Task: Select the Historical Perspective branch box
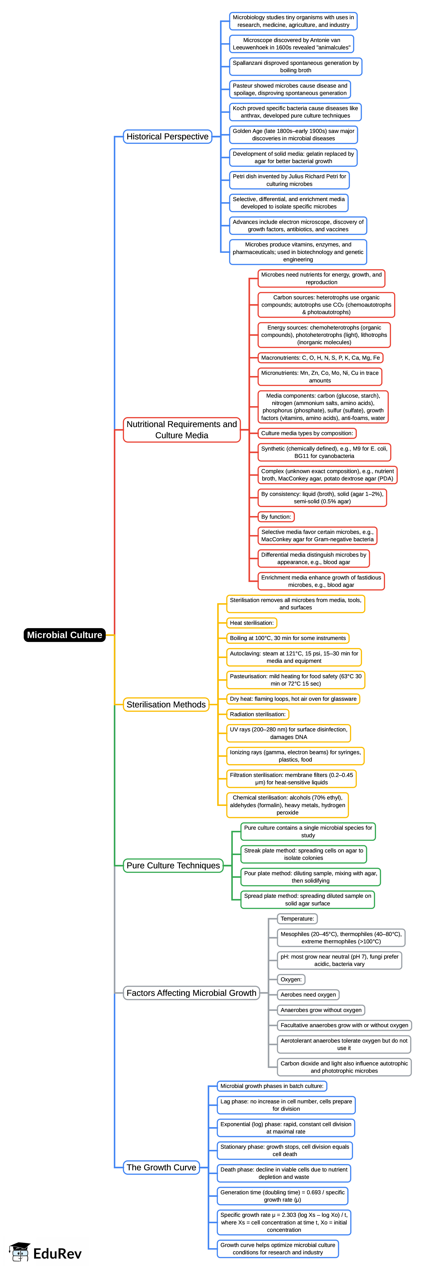[x=168, y=136]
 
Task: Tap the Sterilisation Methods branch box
[x=166, y=705]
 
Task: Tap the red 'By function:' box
[x=276, y=517]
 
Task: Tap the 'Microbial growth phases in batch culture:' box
[x=272, y=1086]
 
